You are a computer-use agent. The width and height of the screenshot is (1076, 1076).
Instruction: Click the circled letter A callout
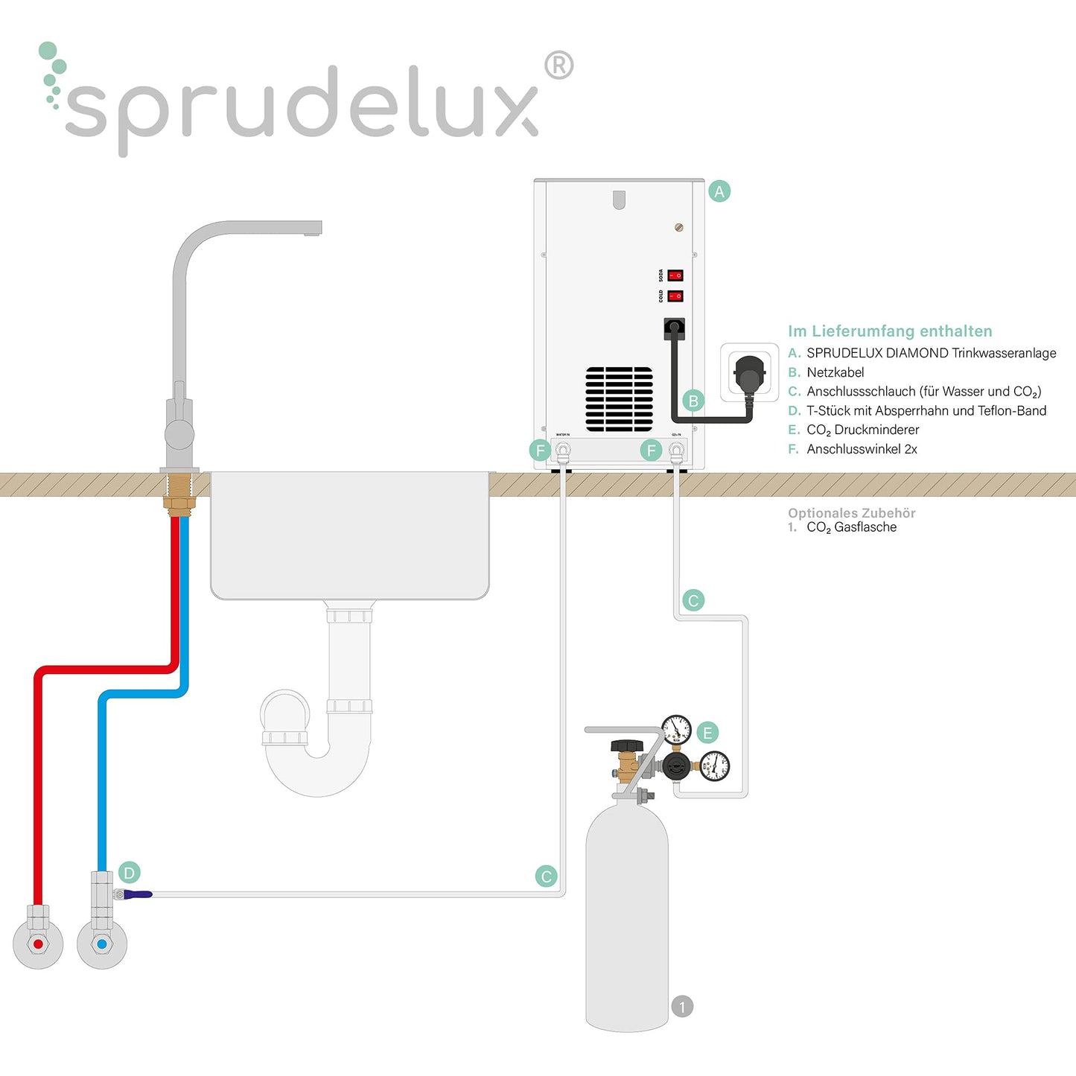pyautogui.click(x=719, y=191)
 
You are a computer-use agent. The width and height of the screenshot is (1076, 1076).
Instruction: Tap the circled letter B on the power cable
pyautogui.click(x=693, y=401)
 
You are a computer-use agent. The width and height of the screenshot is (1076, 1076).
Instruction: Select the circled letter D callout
pyautogui.click(x=130, y=873)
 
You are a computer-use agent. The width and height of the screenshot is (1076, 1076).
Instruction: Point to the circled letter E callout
pyautogui.click(x=707, y=733)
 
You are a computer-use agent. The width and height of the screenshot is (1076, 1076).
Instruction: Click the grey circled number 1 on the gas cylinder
pyautogui.click(x=682, y=1007)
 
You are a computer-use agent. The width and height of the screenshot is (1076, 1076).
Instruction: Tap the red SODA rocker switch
pyautogui.click(x=675, y=276)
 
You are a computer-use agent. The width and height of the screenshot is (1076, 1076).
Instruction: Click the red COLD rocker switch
pyautogui.click(x=675, y=296)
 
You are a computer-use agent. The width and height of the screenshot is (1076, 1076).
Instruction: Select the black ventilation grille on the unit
pyautogui.click(x=619, y=399)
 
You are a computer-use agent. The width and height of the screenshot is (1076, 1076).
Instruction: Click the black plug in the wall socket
pyautogui.click(x=749, y=373)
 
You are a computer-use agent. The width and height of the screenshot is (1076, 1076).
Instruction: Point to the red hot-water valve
pyautogui.click(x=38, y=944)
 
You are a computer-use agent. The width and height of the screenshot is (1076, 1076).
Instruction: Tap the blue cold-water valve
pyautogui.click(x=102, y=944)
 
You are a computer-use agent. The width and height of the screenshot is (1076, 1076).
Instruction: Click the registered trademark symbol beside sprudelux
pyautogui.click(x=558, y=66)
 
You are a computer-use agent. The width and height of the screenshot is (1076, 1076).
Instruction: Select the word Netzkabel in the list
pyautogui.click(x=835, y=372)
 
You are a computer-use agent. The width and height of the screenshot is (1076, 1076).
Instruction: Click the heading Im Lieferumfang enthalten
pyautogui.click(x=890, y=331)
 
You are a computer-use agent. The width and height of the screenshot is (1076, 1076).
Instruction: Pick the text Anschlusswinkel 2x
pyautogui.click(x=862, y=449)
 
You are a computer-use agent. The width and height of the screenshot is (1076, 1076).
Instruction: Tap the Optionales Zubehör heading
pyautogui.click(x=852, y=513)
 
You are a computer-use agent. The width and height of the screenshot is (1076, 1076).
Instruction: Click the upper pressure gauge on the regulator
pyautogui.click(x=676, y=730)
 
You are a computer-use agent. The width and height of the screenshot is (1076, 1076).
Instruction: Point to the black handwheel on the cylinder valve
pyautogui.click(x=627, y=746)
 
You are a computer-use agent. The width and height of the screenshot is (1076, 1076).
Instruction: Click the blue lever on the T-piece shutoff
pyautogui.click(x=138, y=894)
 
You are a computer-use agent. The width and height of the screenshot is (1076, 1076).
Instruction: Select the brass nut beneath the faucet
pyautogui.click(x=179, y=504)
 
